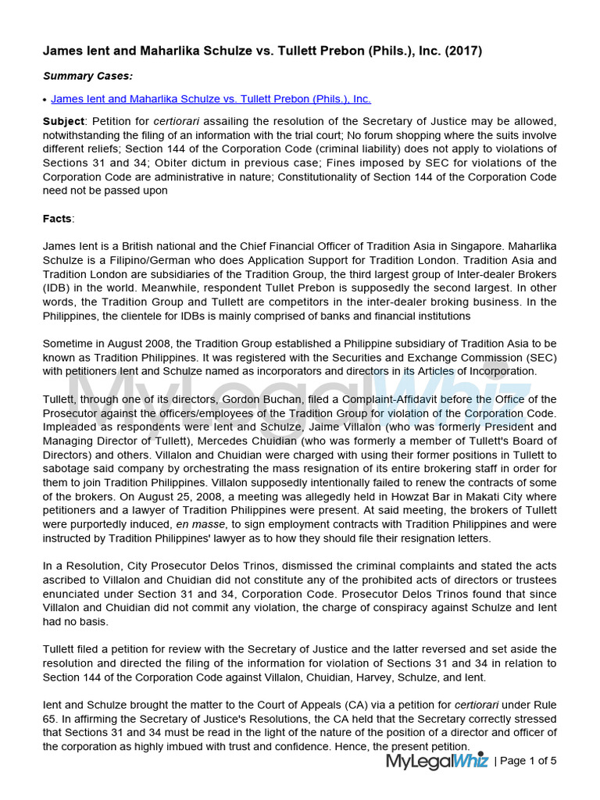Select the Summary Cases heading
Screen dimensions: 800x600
click(x=87, y=76)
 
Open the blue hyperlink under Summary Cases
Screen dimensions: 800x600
click(x=211, y=99)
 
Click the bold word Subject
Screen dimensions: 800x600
click(x=64, y=121)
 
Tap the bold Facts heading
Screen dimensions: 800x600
click(x=57, y=219)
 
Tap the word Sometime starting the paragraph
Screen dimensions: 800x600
click(x=70, y=344)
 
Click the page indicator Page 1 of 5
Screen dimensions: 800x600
click(x=528, y=761)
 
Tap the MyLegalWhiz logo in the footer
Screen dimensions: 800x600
click(x=437, y=760)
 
